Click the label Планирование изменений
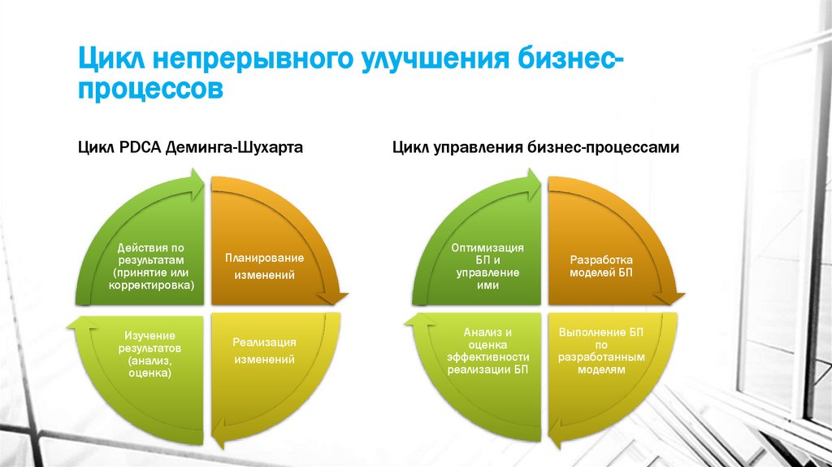click(x=264, y=267)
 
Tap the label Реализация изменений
click(x=264, y=350)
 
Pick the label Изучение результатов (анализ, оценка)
click(x=149, y=354)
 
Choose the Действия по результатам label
click(x=154, y=267)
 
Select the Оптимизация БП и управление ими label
click(x=487, y=267)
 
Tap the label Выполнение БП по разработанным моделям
click(x=602, y=351)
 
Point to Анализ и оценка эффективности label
click(x=487, y=351)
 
